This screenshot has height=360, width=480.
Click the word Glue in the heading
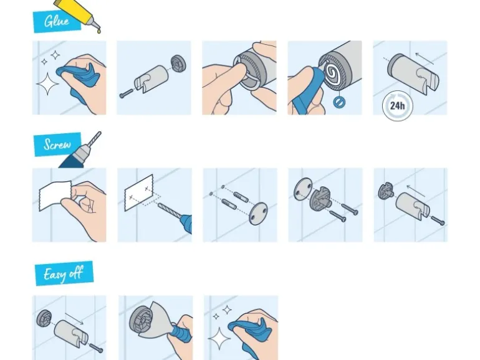57,21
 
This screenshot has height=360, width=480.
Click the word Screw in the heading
57,144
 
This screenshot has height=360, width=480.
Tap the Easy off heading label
64,273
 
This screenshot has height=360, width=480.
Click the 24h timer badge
398,105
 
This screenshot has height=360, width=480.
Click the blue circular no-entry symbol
338,102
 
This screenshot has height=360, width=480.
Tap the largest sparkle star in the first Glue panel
48,83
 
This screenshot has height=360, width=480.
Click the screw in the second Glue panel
126,93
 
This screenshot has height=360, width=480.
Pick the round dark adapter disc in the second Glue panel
177,64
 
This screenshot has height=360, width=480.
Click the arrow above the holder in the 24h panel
425,58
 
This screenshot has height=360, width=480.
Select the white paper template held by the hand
55,196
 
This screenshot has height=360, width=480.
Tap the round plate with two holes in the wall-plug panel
258,213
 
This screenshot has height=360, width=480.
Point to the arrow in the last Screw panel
415,191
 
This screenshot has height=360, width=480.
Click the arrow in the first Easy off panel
74,318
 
